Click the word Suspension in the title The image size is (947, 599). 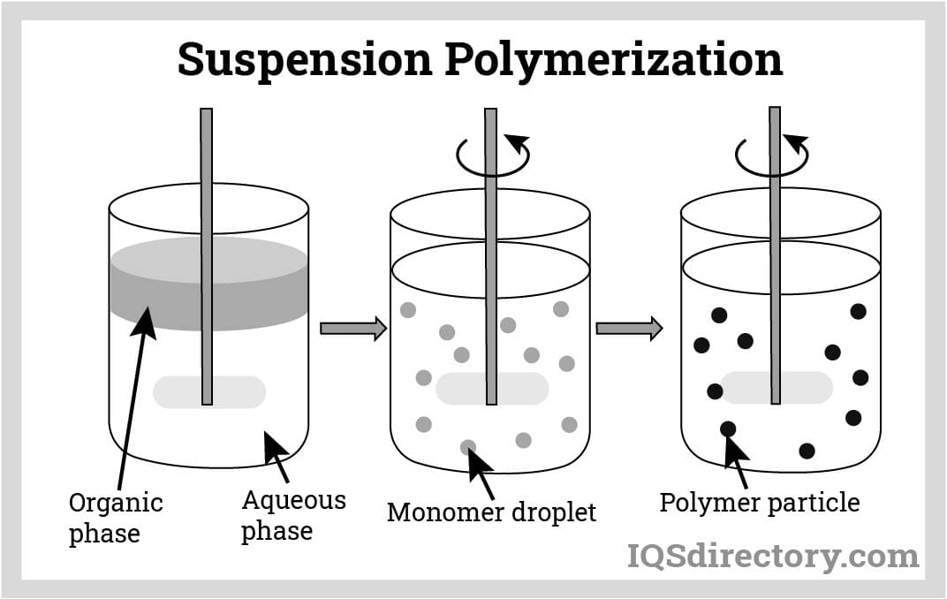coord(305,59)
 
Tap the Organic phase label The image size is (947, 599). coord(115,518)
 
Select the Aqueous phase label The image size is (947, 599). coord(293,515)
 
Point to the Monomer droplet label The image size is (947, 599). coord(491,512)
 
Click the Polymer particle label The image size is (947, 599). coord(759,503)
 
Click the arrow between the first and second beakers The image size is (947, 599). coord(352,329)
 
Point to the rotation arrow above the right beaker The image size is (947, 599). coord(772,155)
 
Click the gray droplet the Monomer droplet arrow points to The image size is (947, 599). coord(468,447)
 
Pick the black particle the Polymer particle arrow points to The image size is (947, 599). coord(728,429)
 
